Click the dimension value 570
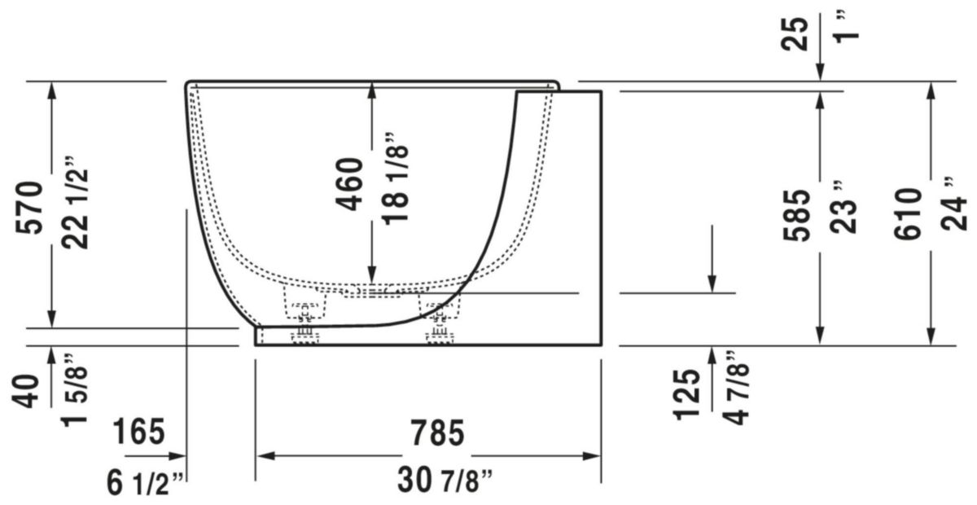click(x=30, y=207)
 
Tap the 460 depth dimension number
click(x=349, y=183)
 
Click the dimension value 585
click(x=797, y=214)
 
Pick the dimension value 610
click(x=907, y=213)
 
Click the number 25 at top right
click(x=797, y=33)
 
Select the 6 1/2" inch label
click(x=147, y=485)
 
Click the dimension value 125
click(x=688, y=394)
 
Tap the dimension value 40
click(x=30, y=391)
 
